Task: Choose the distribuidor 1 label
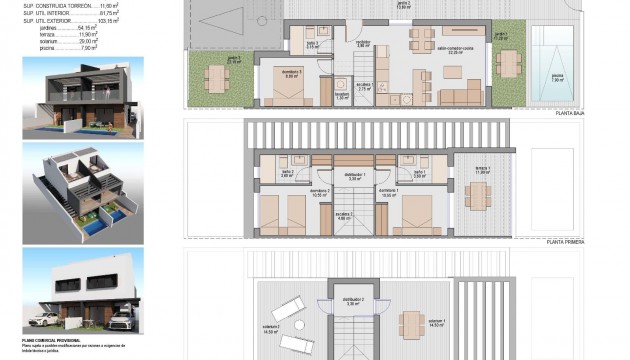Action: (349, 173)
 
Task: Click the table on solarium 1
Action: (409, 322)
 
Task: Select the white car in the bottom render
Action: (46, 320)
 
